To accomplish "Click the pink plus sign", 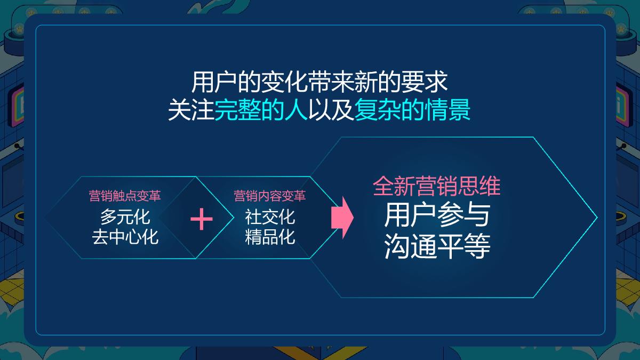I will click(x=201, y=219).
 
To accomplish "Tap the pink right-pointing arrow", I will click(x=342, y=217).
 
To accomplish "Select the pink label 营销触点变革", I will click(x=125, y=196).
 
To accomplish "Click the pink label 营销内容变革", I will click(x=270, y=196).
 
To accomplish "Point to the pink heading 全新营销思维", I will click(x=437, y=187).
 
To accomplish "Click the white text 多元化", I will click(x=125, y=217).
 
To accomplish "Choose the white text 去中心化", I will click(x=125, y=236).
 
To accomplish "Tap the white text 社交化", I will click(x=270, y=217).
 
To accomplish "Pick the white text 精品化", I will click(x=270, y=236).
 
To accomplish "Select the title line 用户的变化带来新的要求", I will click(x=319, y=84).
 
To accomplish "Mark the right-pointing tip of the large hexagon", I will click(x=597, y=217).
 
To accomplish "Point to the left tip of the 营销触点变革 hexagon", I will click(x=45, y=217).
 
